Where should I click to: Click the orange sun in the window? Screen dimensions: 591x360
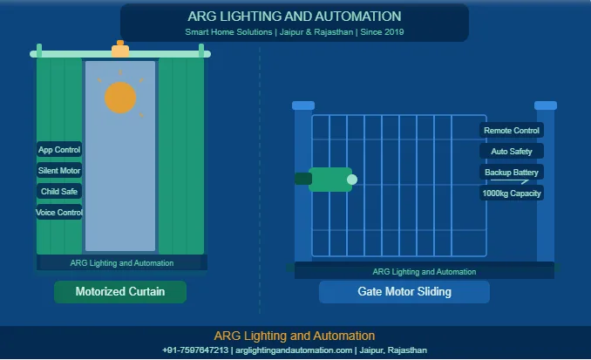[x=120, y=98]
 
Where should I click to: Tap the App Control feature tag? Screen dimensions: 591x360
[x=59, y=150]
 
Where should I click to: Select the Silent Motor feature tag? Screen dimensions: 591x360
[x=59, y=170]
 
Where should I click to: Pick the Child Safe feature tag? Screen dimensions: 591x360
[x=59, y=192]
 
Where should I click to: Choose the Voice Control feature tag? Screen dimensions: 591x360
[x=59, y=212]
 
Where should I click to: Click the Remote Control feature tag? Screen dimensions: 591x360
[x=512, y=131]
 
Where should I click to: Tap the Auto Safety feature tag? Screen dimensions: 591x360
[x=512, y=151]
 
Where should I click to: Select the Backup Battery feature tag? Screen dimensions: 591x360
[x=512, y=173]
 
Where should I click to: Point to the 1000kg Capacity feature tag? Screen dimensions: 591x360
[x=512, y=194]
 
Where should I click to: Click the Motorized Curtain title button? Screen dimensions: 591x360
[x=120, y=292]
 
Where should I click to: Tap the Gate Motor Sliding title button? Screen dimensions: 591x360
[x=404, y=292]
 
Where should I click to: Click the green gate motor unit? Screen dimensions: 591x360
[x=330, y=180]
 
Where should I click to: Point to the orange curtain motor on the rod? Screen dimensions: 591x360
[x=120, y=50]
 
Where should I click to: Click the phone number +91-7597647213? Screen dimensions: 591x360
[x=195, y=350]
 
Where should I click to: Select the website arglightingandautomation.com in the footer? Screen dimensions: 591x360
[x=294, y=350]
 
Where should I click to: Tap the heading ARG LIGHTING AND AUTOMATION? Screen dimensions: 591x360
[x=295, y=17]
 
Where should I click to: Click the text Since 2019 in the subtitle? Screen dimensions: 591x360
[x=382, y=32]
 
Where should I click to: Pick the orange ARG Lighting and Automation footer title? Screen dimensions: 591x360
[x=295, y=336]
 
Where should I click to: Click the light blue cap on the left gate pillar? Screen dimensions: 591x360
[x=303, y=105]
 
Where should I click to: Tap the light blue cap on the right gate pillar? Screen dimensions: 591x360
[x=546, y=105]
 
